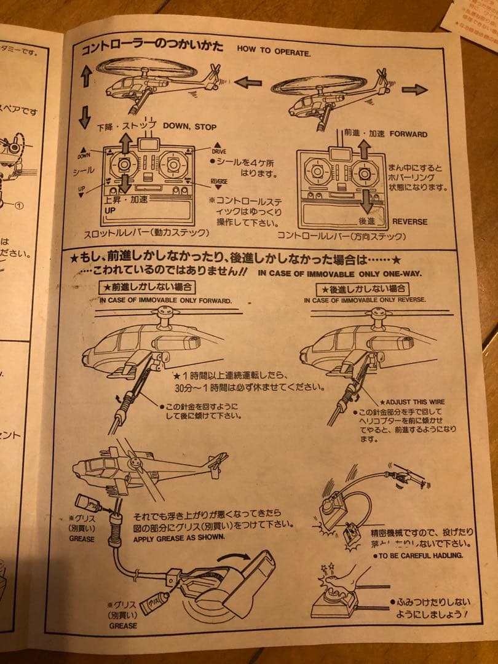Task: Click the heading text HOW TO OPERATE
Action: [274, 51]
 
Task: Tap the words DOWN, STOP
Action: [189, 127]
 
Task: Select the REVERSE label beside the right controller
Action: [409, 221]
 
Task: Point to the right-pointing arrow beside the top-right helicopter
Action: [414, 90]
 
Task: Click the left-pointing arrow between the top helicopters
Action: [248, 82]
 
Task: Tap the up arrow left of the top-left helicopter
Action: [86, 76]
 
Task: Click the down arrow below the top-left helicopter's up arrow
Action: [85, 116]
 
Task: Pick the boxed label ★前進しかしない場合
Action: [148, 287]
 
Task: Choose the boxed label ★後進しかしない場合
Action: [362, 289]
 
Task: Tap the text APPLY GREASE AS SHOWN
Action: [180, 537]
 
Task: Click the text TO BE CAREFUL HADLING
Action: [418, 555]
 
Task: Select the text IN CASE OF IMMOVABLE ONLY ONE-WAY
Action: [340, 273]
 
